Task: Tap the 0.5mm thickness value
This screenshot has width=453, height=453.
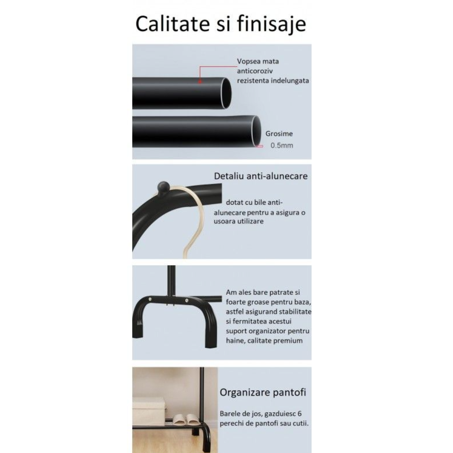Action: pos(281,146)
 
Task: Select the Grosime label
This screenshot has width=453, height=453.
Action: pos(279,134)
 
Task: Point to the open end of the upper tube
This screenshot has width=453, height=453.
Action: pos(226,93)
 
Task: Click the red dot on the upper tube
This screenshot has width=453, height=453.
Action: pos(200,82)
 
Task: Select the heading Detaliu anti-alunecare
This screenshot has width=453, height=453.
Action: pos(260,176)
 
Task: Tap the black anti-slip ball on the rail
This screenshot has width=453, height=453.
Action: pos(162,187)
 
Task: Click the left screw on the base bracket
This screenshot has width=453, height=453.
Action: pos(150,299)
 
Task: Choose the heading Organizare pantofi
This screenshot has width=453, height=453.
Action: pos(263,393)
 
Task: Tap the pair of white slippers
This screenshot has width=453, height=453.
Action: pos(185,419)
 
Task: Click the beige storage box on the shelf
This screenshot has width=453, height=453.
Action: pos(148,409)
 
